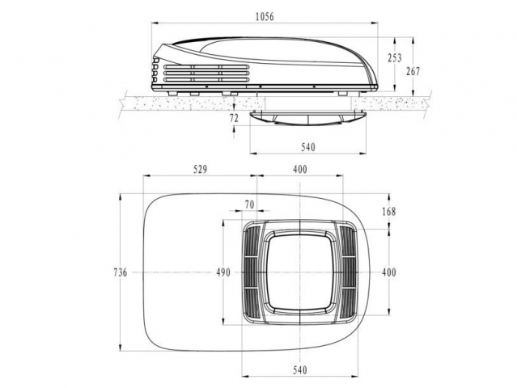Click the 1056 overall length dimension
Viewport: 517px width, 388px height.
(265, 16)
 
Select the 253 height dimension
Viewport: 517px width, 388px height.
(394, 58)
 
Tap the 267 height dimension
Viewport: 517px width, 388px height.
(413, 71)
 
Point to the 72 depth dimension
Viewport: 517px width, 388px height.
(234, 118)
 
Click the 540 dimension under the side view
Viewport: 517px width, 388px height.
(308, 147)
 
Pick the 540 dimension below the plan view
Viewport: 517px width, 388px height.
(299, 370)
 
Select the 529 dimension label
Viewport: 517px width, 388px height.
(200, 169)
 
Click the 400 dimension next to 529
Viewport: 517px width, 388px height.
(299, 169)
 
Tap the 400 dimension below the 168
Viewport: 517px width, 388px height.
(389, 272)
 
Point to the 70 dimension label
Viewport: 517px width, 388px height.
(249, 205)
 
